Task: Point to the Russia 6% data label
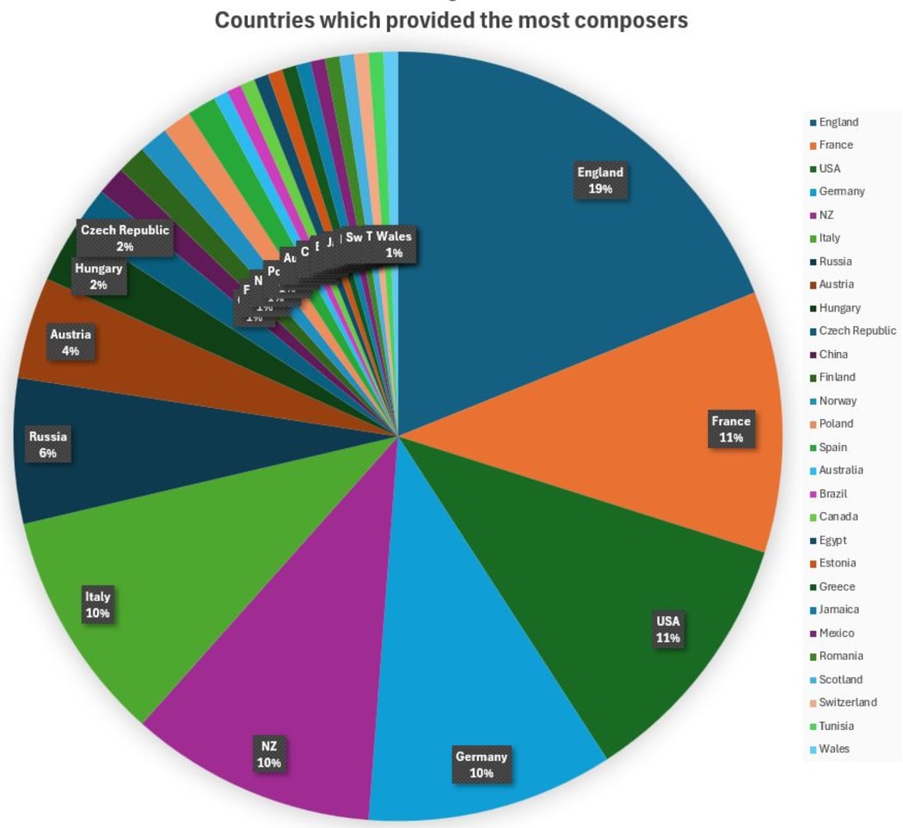pyautogui.click(x=48, y=444)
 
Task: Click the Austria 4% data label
pyautogui.click(x=71, y=342)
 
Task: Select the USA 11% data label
pyautogui.click(x=668, y=629)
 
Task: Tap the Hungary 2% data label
pyautogui.click(x=98, y=276)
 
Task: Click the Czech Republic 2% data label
pyautogui.click(x=125, y=238)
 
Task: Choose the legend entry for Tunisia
pyautogui.click(x=836, y=726)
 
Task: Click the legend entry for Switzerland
pyautogui.click(x=847, y=702)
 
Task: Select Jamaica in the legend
pyautogui.click(x=838, y=609)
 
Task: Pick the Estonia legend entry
pyautogui.click(x=837, y=563)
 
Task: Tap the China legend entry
pyautogui.click(x=832, y=354)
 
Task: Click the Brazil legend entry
pyautogui.click(x=832, y=493)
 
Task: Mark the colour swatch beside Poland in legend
pyautogui.click(x=812, y=423)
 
